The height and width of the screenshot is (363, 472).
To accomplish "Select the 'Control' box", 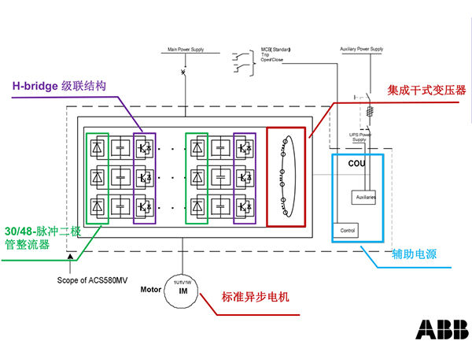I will pos(347,231).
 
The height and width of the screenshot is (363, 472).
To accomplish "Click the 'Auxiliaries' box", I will pos(366,196).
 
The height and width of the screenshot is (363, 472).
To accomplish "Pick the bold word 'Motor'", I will pos(151,289).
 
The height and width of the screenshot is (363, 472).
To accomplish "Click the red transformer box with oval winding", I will pos(284,176).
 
